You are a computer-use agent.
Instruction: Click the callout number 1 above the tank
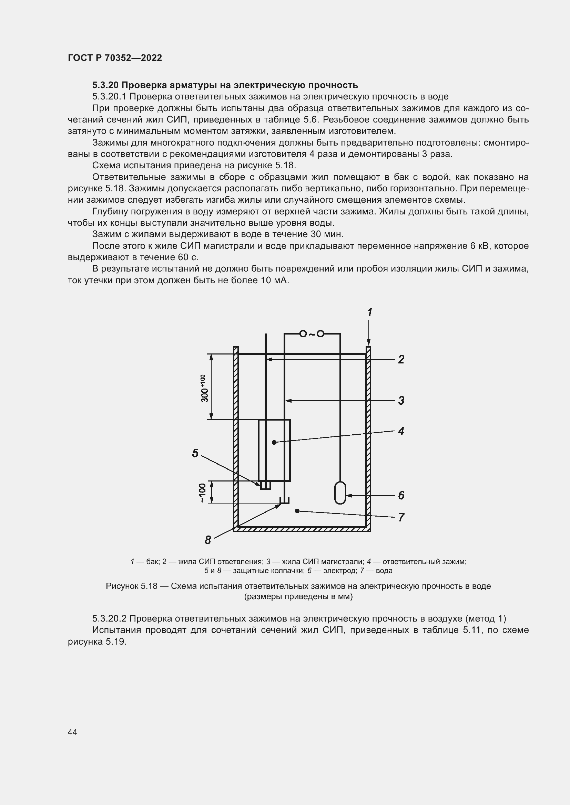369,312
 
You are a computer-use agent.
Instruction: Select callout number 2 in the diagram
401,359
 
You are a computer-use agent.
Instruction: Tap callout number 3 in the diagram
401,400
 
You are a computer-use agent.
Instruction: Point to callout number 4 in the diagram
401,431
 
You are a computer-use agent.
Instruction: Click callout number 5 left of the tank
195,453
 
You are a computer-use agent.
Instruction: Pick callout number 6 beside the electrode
401,495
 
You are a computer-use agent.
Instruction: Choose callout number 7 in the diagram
401,518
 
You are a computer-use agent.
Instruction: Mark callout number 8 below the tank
208,540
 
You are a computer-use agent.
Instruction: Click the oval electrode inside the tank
340,492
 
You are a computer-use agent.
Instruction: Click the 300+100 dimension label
204,389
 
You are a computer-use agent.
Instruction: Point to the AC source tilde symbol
312,334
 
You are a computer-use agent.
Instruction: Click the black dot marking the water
297,511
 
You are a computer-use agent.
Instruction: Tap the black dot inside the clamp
274,443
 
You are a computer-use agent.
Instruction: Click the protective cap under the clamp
266,486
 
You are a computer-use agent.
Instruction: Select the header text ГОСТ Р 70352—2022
115,58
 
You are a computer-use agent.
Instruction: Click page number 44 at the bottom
72,732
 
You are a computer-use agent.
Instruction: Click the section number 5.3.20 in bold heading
106,85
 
